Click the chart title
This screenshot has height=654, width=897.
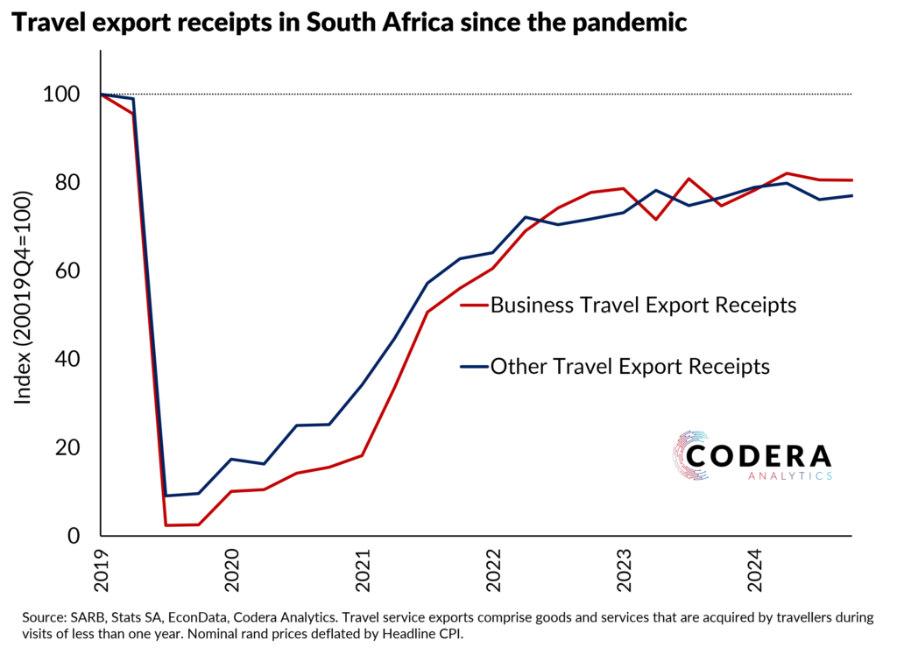(x=348, y=24)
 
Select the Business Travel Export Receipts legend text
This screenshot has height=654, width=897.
(x=643, y=305)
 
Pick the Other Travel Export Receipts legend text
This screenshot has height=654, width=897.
(x=630, y=366)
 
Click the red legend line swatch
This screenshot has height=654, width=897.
(x=473, y=305)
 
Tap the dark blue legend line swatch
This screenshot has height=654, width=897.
(x=473, y=366)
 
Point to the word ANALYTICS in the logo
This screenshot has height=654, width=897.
(x=790, y=475)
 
